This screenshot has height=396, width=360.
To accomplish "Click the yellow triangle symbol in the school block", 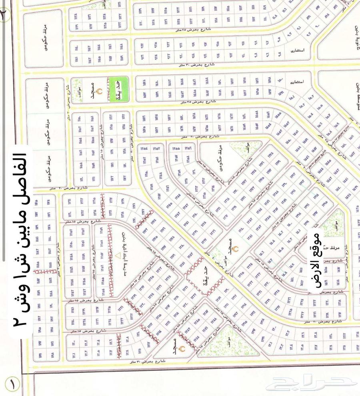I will pos(117,254).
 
